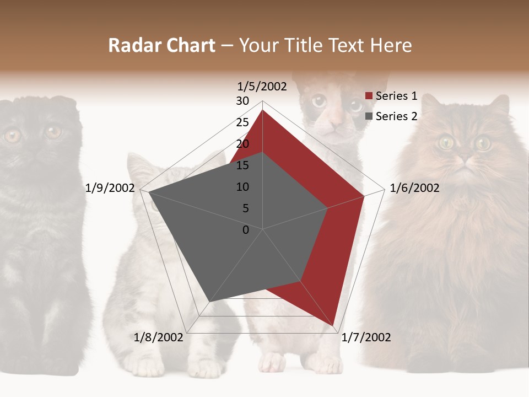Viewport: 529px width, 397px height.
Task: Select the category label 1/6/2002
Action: pyautogui.click(x=414, y=188)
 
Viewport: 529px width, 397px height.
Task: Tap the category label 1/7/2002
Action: pyautogui.click(x=366, y=337)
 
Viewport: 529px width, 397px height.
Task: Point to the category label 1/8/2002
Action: pyautogui.click(x=158, y=337)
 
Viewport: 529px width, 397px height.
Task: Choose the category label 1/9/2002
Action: pyautogui.click(x=110, y=188)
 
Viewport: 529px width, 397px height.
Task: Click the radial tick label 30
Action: pyautogui.click(x=242, y=101)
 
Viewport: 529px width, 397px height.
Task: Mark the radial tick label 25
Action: pyautogui.click(x=242, y=122)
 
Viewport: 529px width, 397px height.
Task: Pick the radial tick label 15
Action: pyautogui.click(x=242, y=165)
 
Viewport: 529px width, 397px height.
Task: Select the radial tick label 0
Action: pyautogui.click(x=246, y=230)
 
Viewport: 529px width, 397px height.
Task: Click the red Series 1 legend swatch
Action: pyautogui.click(x=369, y=96)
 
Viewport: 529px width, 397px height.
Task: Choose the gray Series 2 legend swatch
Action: pyautogui.click(x=369, y=116)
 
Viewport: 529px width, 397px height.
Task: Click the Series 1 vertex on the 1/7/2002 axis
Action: pyautogui.click(x=334, y=326)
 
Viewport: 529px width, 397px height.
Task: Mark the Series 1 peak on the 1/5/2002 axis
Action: pyautogui.click(x=263, y=110)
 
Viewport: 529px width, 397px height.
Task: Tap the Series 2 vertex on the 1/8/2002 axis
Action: pyautogui.click(x=210, y=302)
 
